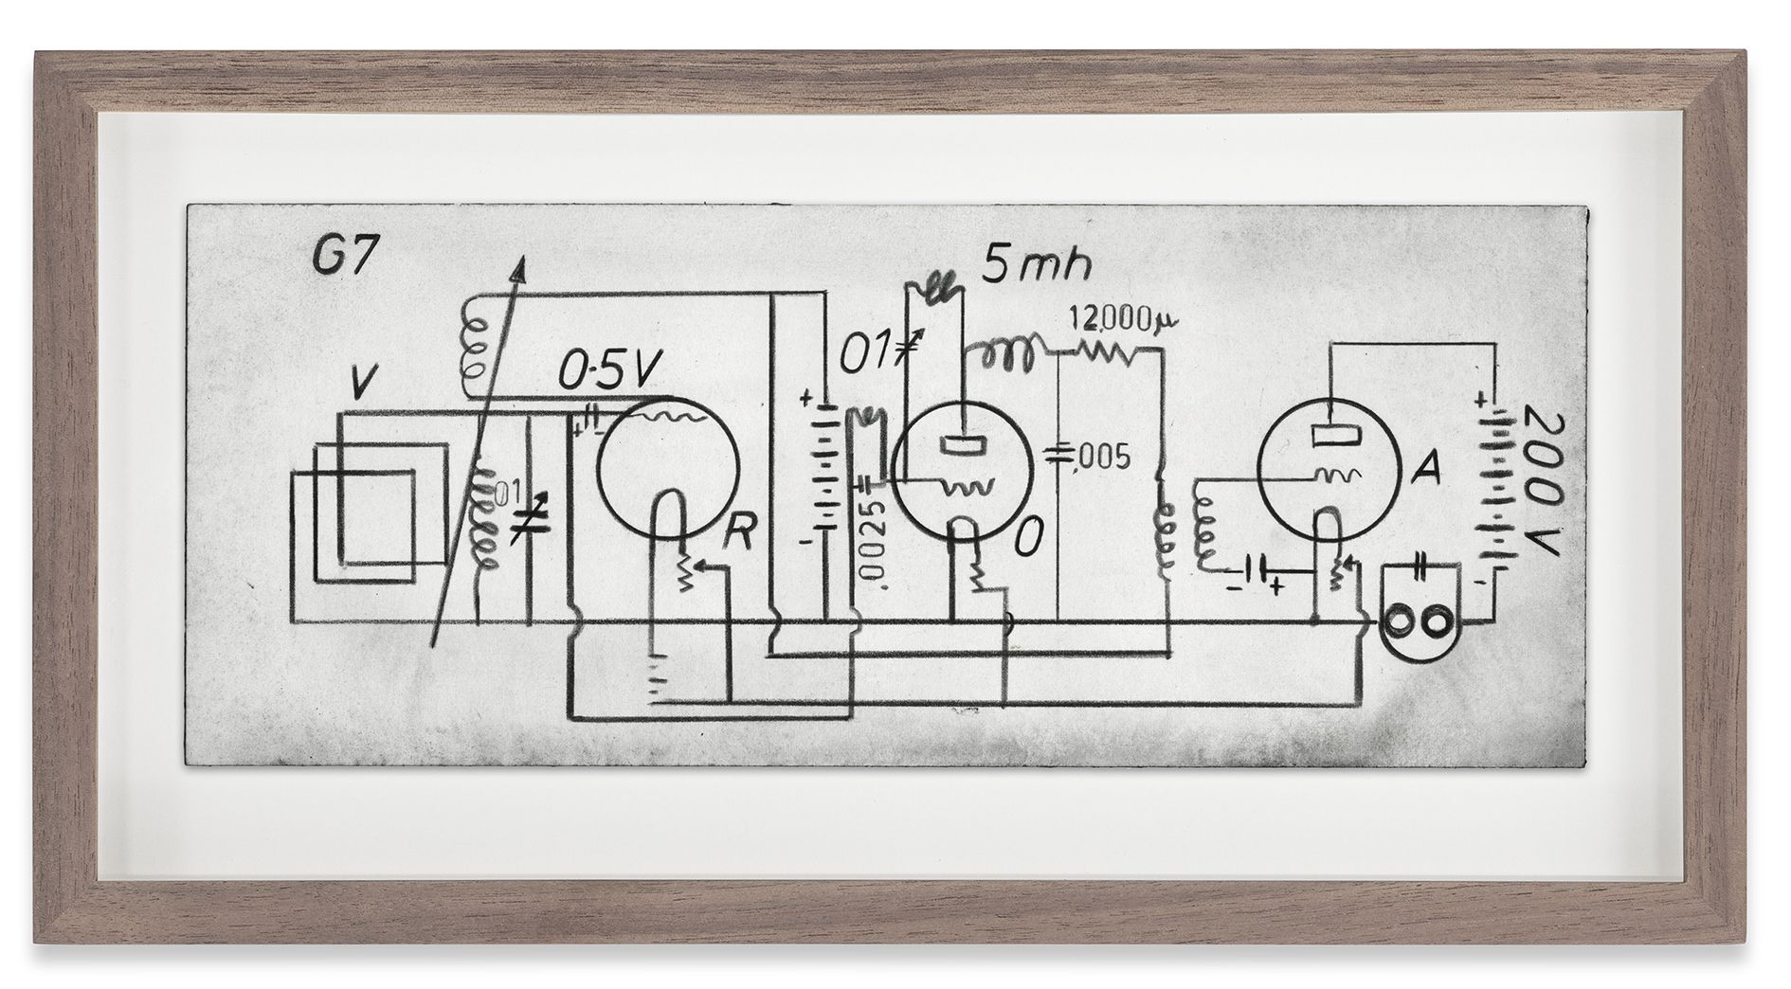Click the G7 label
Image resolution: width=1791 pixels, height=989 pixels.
pyautogui.click(x=342, y=258)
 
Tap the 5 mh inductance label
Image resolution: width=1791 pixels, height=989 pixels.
pyautogui.click(x=1035, y=264)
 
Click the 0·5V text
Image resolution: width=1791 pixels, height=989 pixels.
pyautogui.click(x=605, y=372)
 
